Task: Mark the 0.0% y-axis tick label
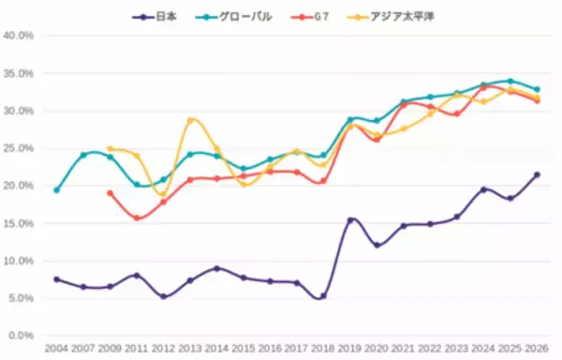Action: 22,335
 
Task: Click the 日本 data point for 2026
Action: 537,174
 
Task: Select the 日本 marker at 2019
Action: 351,220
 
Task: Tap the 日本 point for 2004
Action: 57,279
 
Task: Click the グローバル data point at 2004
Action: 57,190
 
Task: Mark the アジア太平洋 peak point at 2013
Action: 191,120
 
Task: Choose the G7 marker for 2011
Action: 138,218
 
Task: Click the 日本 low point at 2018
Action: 324,296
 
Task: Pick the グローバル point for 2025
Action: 510,81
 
